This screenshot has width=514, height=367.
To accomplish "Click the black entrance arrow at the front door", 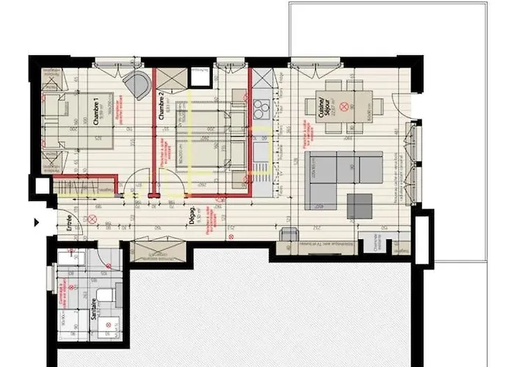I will click(x=37, y=221).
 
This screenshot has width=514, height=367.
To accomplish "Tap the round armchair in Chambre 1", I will click(x=136, y=84).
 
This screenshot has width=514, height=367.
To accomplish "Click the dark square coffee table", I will click(x=359, y=206).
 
